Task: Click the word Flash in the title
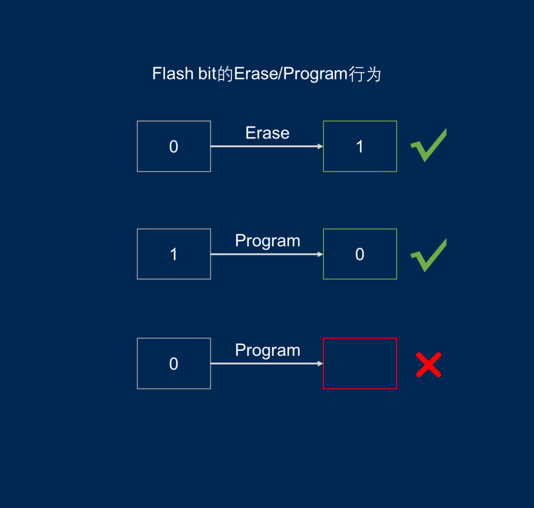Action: click(172, 74)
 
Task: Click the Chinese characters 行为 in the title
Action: click(365, 74)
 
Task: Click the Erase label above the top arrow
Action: click(267, 133)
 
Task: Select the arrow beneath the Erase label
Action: click(267, 146)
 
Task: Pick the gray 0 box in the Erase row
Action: click(174, 146)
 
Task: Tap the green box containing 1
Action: click(360, 146)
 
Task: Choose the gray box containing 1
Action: click(174, 254)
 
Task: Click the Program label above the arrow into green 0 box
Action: click(267, 241)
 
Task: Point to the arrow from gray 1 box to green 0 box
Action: click(267, 254)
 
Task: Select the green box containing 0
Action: click(360, 254)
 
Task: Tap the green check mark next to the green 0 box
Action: click(428, 255)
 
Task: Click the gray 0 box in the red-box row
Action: click(174, 364)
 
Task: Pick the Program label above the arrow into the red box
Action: click(267, 350)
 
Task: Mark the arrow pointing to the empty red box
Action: click(267, 364)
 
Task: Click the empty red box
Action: click(360, 364)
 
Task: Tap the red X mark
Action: click(428, 365)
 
